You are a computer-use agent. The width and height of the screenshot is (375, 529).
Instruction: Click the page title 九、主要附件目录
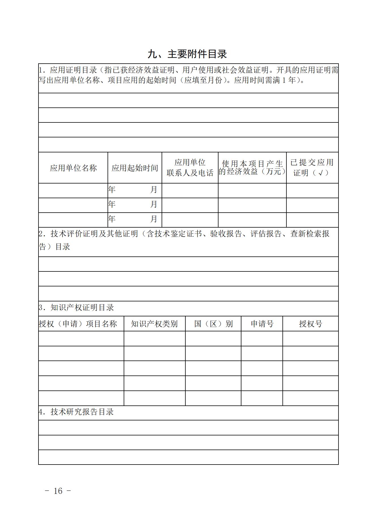pos(187,54)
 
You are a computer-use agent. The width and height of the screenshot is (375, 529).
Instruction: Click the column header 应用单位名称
pos(73,168)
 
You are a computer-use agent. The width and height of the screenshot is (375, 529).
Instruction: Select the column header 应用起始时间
pos(135,168)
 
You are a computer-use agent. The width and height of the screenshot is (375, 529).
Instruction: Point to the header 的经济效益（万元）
pos(252,171)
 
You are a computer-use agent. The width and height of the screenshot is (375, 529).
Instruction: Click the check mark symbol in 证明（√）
pos(320,173)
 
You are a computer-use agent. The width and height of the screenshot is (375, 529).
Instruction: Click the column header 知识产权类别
pos(154,324)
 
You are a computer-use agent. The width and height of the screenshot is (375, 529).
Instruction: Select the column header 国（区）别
pos(213,324)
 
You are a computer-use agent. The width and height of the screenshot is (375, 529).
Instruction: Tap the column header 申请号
pos(262,324)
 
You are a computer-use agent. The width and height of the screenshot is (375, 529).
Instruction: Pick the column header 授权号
pos(310,324)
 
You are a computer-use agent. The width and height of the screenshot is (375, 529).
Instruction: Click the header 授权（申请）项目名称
pos(78,324)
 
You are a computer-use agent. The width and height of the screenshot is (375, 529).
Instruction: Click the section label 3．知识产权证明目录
pos(76,307)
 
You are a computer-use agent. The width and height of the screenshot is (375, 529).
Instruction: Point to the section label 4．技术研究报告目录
pos(76,412)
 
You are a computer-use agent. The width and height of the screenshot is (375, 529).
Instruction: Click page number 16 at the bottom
pos(58,491)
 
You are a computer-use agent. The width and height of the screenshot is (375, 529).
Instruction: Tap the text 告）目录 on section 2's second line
pos(54,247)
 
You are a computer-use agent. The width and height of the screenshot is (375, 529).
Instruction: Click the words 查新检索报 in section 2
pos(310,234)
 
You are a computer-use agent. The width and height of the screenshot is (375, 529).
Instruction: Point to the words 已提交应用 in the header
pos(312,162)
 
